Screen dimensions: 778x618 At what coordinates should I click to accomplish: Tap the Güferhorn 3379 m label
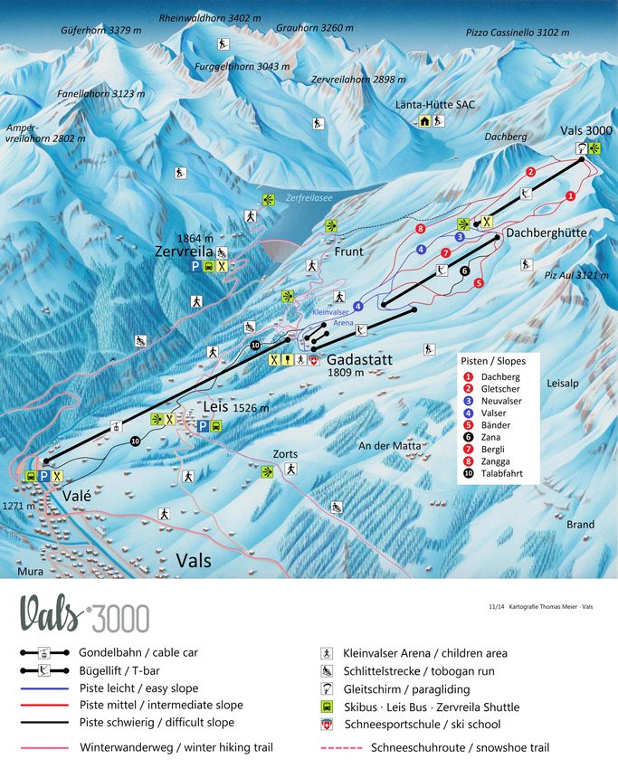[101, 30]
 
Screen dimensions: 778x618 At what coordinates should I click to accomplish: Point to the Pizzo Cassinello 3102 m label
[518, 32]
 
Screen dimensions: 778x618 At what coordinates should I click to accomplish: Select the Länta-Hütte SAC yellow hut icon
[424, 121]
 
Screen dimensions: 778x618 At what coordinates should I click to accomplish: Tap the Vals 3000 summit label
[585, 130]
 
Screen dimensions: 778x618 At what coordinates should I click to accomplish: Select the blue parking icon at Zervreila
[195, 267]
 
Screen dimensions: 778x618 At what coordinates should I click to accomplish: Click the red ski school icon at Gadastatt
[314, 360]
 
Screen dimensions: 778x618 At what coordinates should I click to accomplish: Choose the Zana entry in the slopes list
[495, 437]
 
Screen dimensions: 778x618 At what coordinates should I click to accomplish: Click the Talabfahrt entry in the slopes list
[507, 474]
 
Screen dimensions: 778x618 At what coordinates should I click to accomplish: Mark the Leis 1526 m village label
[236, 408]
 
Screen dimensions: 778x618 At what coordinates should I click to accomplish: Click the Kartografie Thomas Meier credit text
[546, 606]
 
